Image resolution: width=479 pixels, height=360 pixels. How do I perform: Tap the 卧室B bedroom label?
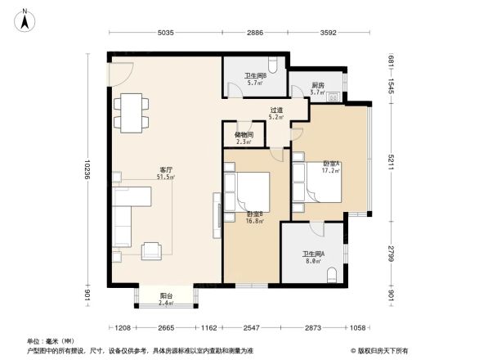[x=254, y=217]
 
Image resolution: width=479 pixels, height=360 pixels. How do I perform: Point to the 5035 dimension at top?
[x=166, y=34]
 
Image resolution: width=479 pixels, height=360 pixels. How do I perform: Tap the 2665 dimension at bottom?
[x=166, y=328]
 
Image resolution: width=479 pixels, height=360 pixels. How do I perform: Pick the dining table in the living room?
[x=130, y=113]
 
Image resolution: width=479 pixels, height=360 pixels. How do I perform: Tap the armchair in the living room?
[x=153, y=250]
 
